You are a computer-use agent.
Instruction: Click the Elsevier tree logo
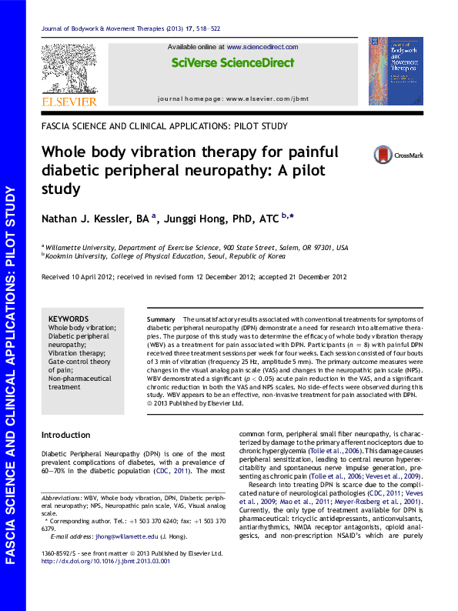coord(69,68)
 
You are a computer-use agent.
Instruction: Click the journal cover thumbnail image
coord(395,72)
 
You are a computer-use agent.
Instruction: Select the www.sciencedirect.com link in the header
coord(262,47)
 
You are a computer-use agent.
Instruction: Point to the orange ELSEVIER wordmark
coord(69,102)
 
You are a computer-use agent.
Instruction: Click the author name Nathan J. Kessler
coord(95,219)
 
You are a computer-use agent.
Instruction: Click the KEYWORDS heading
coord(69,319)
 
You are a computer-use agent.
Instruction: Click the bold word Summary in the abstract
coord(161,319)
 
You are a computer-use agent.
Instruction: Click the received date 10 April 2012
coord(91,277)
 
